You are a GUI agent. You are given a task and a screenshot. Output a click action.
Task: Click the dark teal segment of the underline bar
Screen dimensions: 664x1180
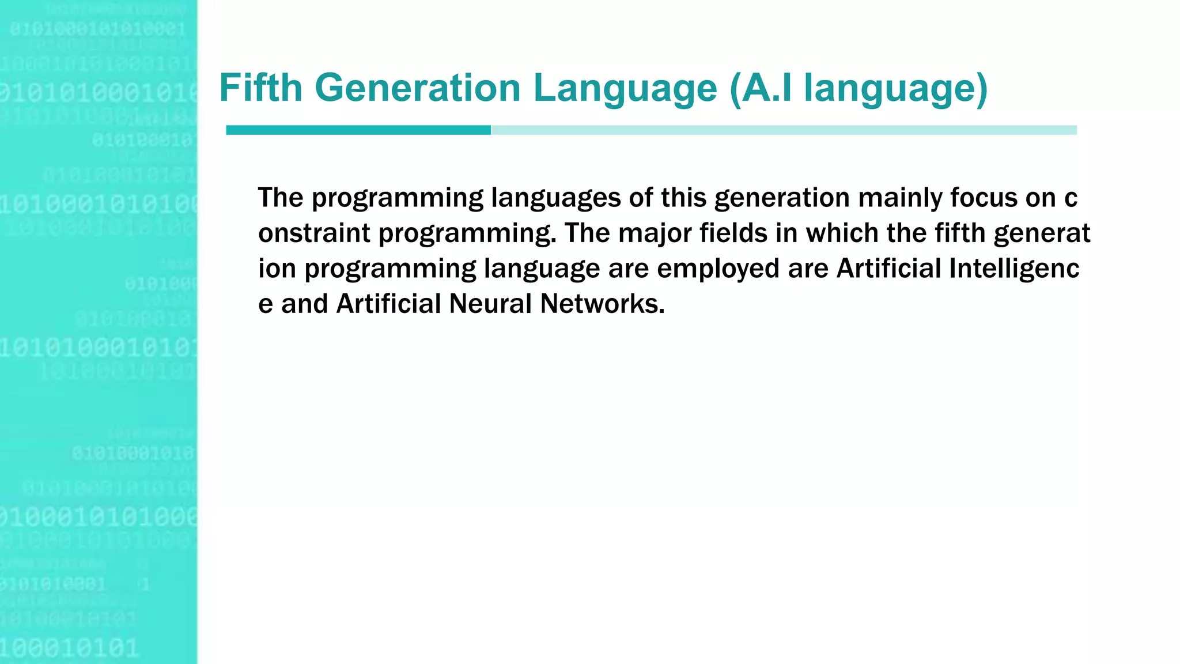click(358, 130)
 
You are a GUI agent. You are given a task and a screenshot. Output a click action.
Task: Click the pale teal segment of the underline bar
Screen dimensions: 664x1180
click(784, 130)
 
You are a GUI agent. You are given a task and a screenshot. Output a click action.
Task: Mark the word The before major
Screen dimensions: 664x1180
click(587, 233)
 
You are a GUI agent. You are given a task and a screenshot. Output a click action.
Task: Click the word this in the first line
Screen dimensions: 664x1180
click(683, 197)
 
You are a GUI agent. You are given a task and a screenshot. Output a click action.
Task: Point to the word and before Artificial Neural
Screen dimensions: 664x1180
click(304, 304)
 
